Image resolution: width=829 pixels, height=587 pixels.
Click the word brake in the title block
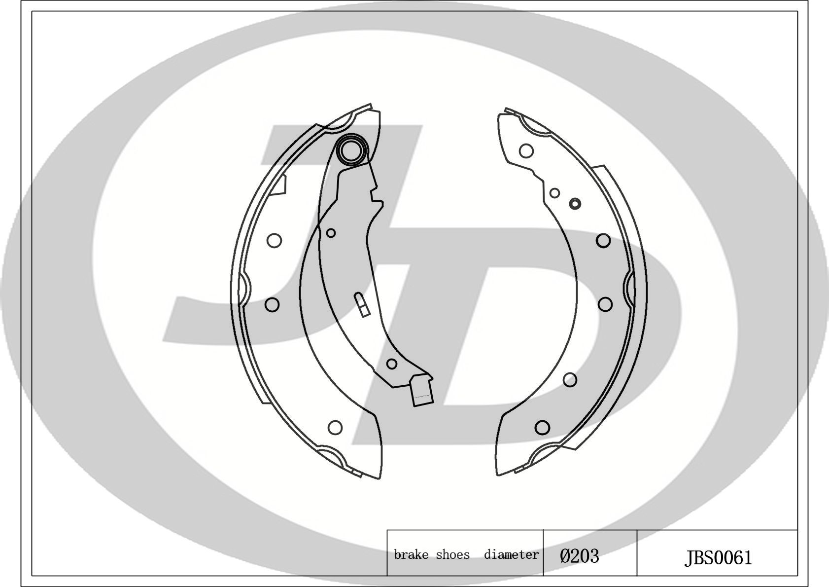(x=411, y=555)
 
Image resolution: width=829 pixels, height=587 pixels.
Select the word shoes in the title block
(x=452, y=555)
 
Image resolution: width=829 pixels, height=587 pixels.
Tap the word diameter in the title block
(x=512, y=555)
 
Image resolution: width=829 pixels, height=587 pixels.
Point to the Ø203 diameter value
(x=579, y=556)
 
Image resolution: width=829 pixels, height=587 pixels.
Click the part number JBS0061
(x=718, y=558)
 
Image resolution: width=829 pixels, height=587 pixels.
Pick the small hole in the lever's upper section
(x=331, y=233)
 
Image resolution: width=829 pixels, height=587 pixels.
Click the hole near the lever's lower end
(x=391, y=364)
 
